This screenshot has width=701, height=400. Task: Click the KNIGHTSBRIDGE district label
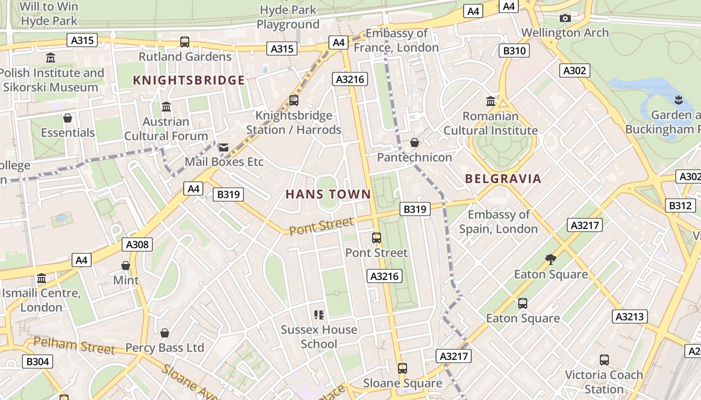pyautogui.click(x=189, y=80)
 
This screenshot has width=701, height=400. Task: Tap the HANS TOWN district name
pyautogui.click(x=328, y=194)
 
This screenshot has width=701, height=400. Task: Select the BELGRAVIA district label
pyautogui.click(x=503, y=178)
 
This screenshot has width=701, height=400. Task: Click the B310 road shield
pyautogui.click(x=514, y=50)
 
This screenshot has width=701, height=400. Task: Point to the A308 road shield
pyautogui.click(x=137, y=244)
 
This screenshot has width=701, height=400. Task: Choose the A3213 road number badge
pyautogui.click(x=629, y=316)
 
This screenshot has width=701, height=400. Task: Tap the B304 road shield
pyautogui.click(x=38, y=361)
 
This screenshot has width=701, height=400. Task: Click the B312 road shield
pyautogui.click(x=680, y=205)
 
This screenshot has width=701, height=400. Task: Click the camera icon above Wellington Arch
pyautogui.click(x=565, y=18)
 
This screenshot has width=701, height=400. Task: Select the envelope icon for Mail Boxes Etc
pyautogui.click(x=223, y=147)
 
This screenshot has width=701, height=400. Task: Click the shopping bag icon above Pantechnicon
pyautogui.click(x=414, y=143)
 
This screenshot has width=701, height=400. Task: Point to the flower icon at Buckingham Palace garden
pyautogui.click(x=678, y=99)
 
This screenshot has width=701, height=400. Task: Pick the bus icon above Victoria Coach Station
pyautogui.click(x=604, y=360)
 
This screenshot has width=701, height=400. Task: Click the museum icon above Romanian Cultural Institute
pyautogui.click(x=491, y=101)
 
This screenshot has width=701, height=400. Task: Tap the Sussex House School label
pyautogui.click(x=319, y=336)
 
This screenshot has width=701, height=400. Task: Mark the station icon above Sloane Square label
pyautogui.click(x=402, y=368)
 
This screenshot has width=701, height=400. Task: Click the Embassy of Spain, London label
pyautogui.click(x=498, y=221)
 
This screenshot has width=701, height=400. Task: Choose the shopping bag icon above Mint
pyautogui.click(x=126, y=265)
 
